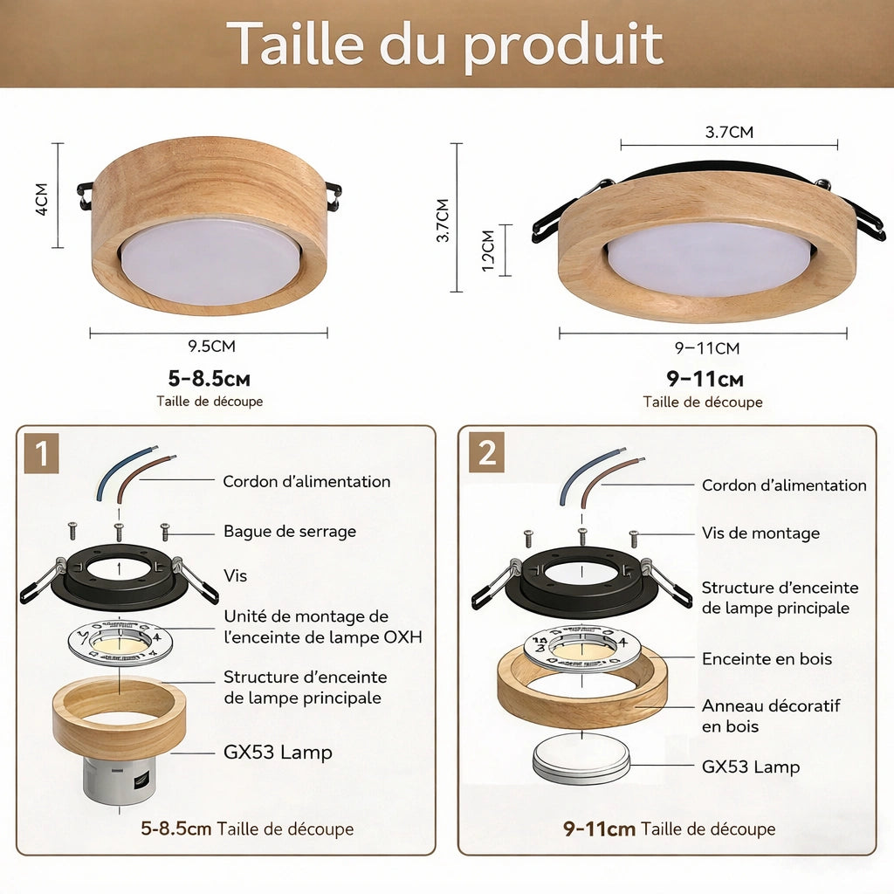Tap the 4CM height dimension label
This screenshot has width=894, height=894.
click(x=42, y=200)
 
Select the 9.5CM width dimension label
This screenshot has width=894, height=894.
click(x=211, y=346)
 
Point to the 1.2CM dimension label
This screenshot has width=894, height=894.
click(x=488, y=251)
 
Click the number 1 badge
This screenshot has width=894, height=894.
click(x=41, y=455)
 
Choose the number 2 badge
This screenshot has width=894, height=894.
click(x=486, y=454)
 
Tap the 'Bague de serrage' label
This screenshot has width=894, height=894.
click(x=289, y=531)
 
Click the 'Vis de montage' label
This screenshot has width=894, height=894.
click(x=760, y=533)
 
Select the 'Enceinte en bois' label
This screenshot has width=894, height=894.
click(x=767, y=659)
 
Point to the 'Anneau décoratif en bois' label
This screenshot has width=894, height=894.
click(x=770, y=715)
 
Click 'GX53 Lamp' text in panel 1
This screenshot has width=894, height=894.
click(x=278, y=752)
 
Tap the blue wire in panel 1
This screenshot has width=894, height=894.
click(x=107, y=475)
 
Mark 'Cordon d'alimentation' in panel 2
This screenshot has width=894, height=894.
click(x=784, y=485)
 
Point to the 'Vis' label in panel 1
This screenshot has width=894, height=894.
click(x=235, y=575)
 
